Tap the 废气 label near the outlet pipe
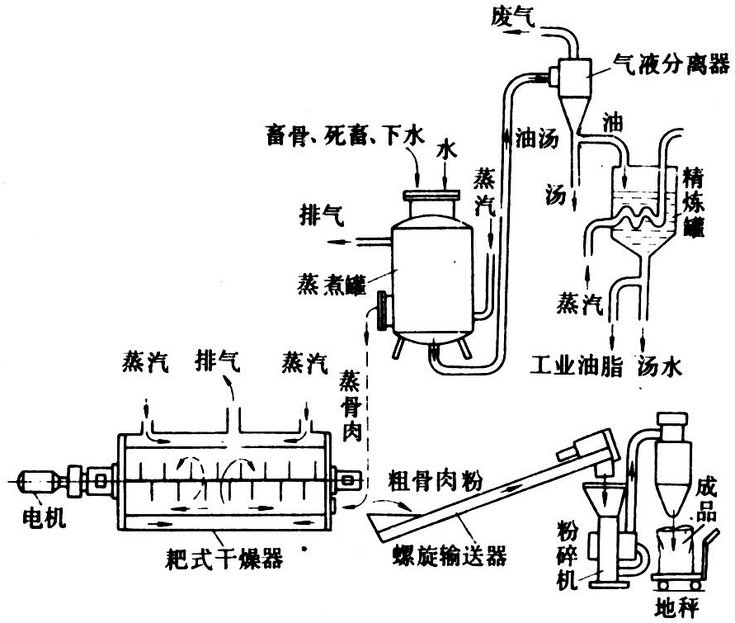pyautogui.click(x=516, y=16)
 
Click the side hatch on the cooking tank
pyautogui.click(x=382, y=309)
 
